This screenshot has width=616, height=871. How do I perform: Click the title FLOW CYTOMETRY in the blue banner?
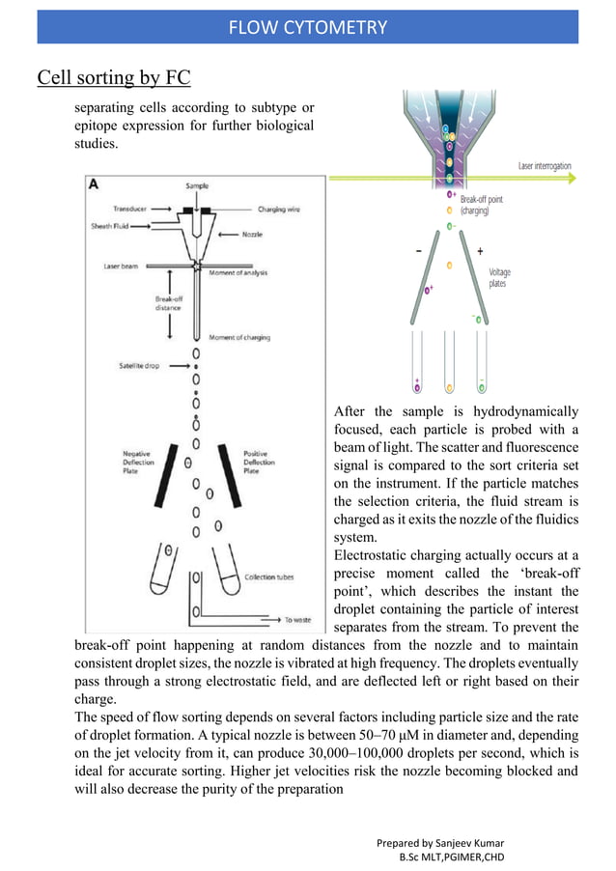(x=307, y=27)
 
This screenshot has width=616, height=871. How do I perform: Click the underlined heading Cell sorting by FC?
(x=113, y=77)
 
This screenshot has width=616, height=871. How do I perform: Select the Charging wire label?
(x=280, y=208)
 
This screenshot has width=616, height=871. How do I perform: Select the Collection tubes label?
(x=268, y=577)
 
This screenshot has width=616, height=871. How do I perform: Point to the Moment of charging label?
(x=239, y=338)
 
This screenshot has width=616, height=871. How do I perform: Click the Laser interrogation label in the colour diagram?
(x=545, y=166)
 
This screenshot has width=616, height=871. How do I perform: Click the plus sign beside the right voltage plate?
(x=481, y=251)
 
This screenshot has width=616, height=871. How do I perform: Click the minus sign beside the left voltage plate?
(x=418, y=251)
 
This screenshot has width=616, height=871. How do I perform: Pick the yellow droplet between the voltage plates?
(x=449, y=265)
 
